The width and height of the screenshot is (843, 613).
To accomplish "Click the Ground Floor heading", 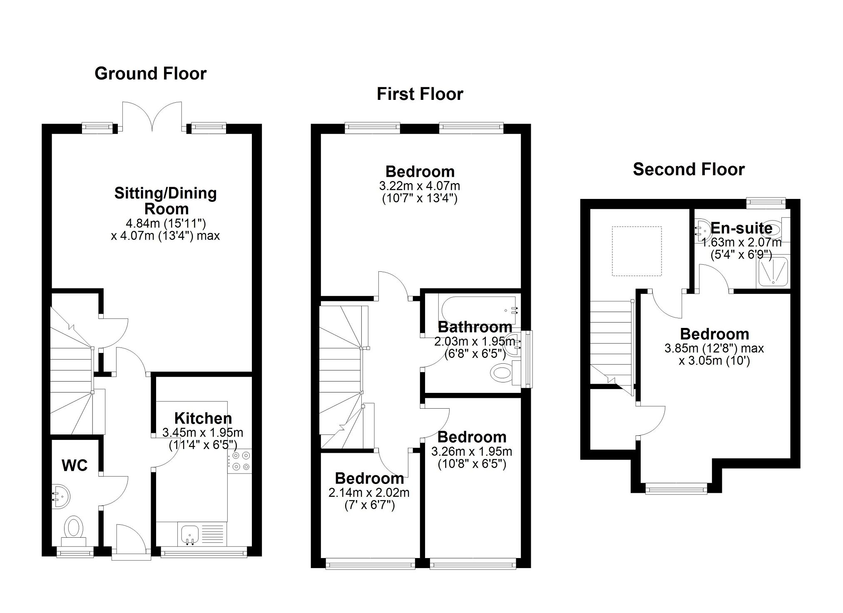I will coord(150,74).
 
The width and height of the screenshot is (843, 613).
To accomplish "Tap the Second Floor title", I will coord(689,169).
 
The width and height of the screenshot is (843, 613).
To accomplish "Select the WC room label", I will coord(75,465).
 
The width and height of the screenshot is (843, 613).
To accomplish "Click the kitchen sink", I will coord(190,534).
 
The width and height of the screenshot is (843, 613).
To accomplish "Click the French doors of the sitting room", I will coord(152,116).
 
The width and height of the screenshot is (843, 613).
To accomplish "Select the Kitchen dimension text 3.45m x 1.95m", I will coord(203,432).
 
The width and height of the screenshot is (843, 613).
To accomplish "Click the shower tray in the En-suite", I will coord(773,272).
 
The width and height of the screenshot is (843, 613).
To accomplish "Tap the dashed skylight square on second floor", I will coord(637,251).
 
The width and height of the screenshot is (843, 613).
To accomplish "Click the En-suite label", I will coord(741,228).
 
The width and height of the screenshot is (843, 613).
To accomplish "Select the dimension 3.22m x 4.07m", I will coord(420,185).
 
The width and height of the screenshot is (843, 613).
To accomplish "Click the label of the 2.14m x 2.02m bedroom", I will coord(369,479).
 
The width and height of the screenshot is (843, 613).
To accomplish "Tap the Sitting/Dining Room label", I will coord(166,201).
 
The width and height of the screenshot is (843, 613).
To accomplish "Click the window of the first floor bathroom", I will coord(528,359).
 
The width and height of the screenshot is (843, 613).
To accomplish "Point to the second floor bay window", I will coord(676,488).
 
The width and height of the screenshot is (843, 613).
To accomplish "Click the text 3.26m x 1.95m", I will coord(472,451).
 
